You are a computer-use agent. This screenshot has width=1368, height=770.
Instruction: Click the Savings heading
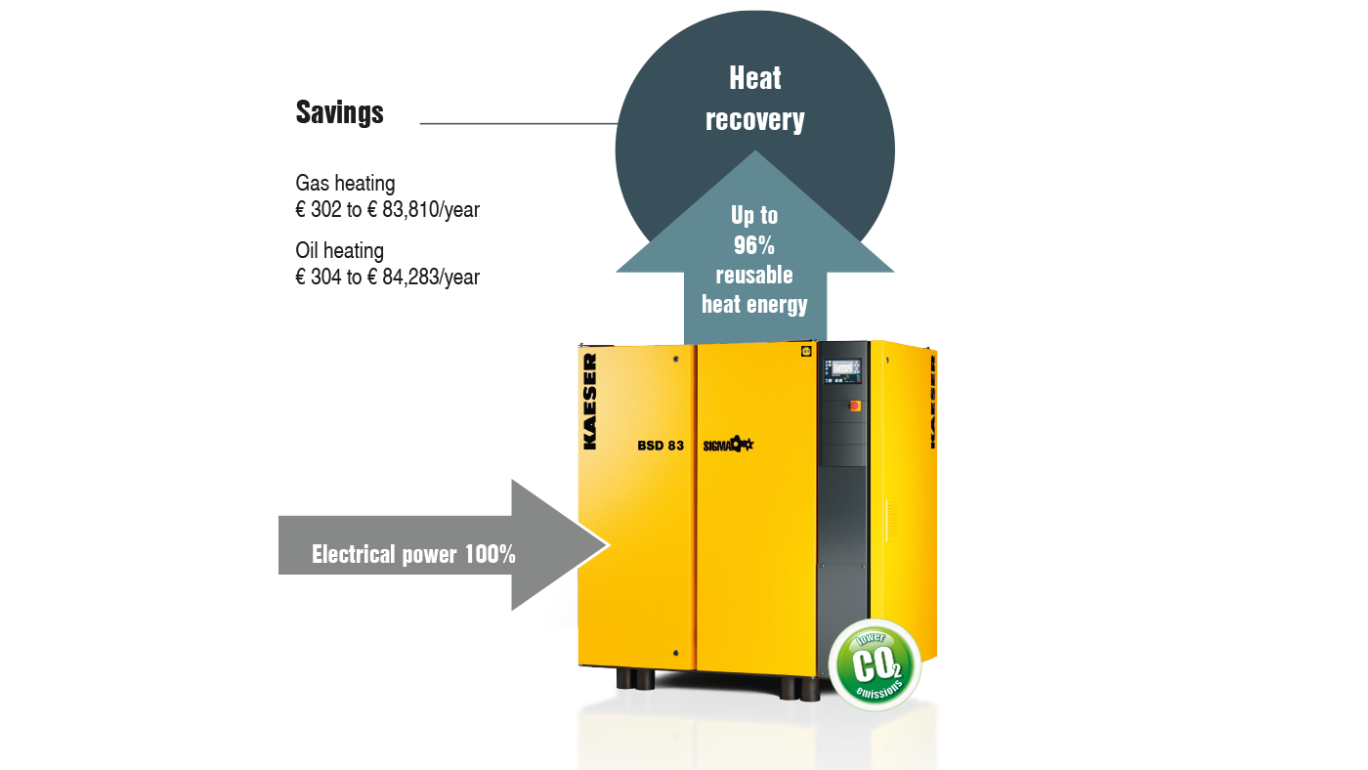pyautogui.click(x=339, y=113)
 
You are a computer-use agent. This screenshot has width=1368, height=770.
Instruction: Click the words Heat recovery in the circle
pyautogui.click(x=754, y=99)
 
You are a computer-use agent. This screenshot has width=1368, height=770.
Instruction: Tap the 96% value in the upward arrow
pyautogui.click(x=753, y=245)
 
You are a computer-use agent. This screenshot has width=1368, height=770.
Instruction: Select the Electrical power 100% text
pyautogui.click(x=413, y=554)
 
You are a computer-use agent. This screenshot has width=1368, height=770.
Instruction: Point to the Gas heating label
pyautogui.click(x=345, y=183)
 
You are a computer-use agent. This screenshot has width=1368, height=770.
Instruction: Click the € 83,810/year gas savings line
pyautogui.click(x=387, y=209)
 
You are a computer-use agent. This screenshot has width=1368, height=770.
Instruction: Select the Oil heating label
pyautogui.click(x=339, y=251)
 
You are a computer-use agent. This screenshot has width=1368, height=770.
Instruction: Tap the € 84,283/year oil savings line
pyautogui.click(x=387, y=278)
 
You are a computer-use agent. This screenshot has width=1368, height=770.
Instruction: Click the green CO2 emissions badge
pyautogui.click(x=874, y=665)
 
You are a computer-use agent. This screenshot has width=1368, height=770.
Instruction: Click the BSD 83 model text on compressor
pyautogui.click(x=660, y=446)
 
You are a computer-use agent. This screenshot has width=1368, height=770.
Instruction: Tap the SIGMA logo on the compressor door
pyautogui.click(x=728, y=446)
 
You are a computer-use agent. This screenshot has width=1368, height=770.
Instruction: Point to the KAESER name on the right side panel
pyautogui.click(x=932, y=401)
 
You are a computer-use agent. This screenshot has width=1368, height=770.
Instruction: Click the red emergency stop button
pyautogui.click(x=858, y=404)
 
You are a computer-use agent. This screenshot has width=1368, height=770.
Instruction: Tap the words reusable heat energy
pyautogui.click(x=754, y=289)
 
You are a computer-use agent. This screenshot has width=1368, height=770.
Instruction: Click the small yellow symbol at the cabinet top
pyautogui.click(x=806, y=350)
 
